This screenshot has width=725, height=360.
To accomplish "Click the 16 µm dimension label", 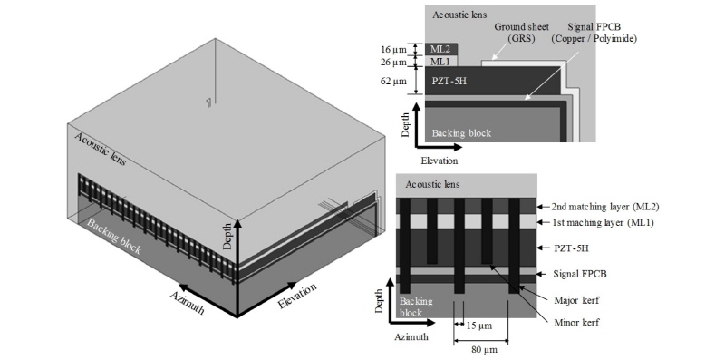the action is point(392,49).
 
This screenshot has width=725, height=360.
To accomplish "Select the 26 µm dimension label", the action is point(392,62).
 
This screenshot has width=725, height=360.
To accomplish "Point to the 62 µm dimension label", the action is point(392,82).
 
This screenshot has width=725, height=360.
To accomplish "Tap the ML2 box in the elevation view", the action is point(441,49).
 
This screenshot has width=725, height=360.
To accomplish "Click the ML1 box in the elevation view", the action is point(441,61).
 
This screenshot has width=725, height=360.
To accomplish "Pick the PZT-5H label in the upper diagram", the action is point(449,82).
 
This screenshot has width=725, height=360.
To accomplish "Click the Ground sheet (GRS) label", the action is point(515,33).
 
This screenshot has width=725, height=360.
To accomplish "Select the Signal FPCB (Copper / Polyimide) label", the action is point(594,33).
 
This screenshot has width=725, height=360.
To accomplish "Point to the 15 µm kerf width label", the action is point(479,326).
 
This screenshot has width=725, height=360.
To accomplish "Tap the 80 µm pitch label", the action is point(484,349).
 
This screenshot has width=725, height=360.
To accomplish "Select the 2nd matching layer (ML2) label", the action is point(605,207).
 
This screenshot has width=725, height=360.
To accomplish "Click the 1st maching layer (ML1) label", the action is point(603,222).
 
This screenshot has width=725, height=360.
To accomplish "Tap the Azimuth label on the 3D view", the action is point(188,302).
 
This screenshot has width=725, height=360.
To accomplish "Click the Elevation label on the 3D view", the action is point(297,296).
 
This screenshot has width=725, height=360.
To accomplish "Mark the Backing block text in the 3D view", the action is point(114,237).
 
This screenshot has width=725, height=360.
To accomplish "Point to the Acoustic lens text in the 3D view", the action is point(100,149).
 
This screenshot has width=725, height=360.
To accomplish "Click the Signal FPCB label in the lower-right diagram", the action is point(580,274).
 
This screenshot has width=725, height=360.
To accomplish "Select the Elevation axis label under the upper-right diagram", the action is point(440,161).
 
